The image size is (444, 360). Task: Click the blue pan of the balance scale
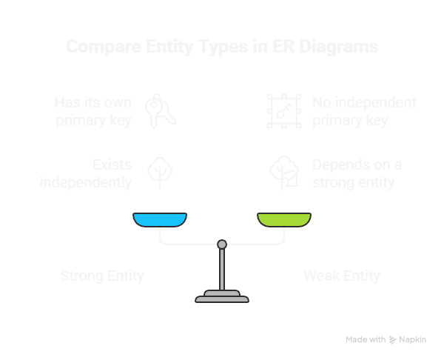click(x=159, y=219)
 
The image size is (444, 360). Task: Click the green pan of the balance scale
click(x=284, y=219)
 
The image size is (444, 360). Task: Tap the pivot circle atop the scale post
click(x=221, y=244)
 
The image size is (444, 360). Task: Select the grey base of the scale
click(x=221, y=298)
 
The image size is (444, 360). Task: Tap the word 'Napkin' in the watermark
click(x=419, y=339)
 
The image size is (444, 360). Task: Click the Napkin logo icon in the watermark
click(x=393, y=339)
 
